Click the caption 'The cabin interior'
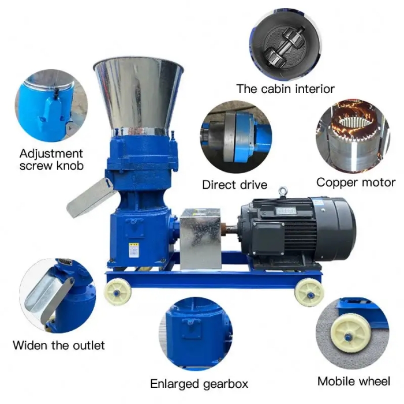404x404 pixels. [x=285, y=89]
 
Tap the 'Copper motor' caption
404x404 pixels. [x=356, y=182]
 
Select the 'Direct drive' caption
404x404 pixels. [x=234, y=185]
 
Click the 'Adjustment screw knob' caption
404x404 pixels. [x=51, y=160]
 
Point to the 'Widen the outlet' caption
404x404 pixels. [x=59, y=346]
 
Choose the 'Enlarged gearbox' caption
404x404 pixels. [x=199, y=384]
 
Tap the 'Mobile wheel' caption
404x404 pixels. [x=354, y=381]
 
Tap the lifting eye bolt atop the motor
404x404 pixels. [x=283, y=191]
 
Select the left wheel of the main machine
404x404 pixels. [x=118, y=291]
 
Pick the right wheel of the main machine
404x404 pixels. [x=309, y=291]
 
